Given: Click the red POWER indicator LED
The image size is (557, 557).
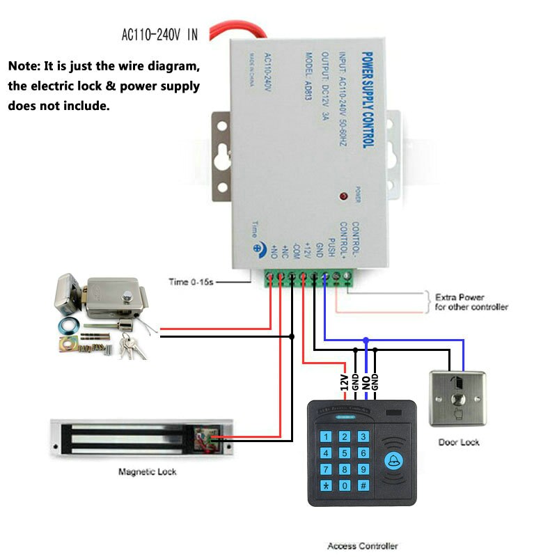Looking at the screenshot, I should click(x=343, y=197).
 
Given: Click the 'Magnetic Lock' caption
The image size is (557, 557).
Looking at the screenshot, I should click(x=147, y=472).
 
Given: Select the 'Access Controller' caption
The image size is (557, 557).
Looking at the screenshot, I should click(x=362, y=547).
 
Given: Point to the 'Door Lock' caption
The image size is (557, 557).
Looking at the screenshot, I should click(x=459, y=442).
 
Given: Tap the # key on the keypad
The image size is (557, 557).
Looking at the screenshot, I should click(x=363, y=485).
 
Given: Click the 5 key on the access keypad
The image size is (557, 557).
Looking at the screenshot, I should click(x=344, y=453).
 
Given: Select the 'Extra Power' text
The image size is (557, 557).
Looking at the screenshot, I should click(x=460, y=297).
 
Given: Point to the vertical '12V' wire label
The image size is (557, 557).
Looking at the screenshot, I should click(x=344, y=382).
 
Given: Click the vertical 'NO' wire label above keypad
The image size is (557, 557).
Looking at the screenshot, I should click(x=366, y=382).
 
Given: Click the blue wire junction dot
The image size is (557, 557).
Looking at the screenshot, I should click(x=366, y=340).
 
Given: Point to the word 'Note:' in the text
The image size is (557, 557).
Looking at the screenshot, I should click(x=24, y=67).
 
